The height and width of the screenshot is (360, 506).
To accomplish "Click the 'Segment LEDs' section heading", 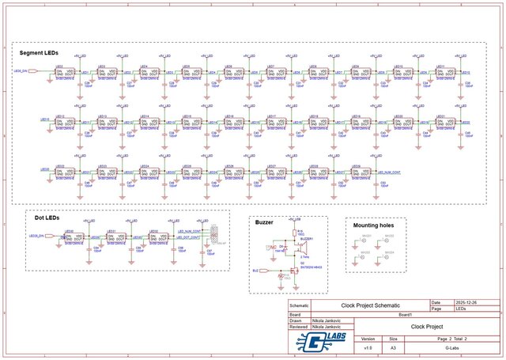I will (39, 53).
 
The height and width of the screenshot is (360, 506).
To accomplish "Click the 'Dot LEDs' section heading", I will (47, 217).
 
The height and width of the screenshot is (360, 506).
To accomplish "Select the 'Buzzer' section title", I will (264, 222).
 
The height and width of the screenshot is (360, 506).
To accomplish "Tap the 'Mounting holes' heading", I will (375, 225).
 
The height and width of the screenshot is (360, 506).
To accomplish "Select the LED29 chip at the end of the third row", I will (359, 171).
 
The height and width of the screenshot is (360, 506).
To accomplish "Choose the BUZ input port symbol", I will (256, 271).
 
